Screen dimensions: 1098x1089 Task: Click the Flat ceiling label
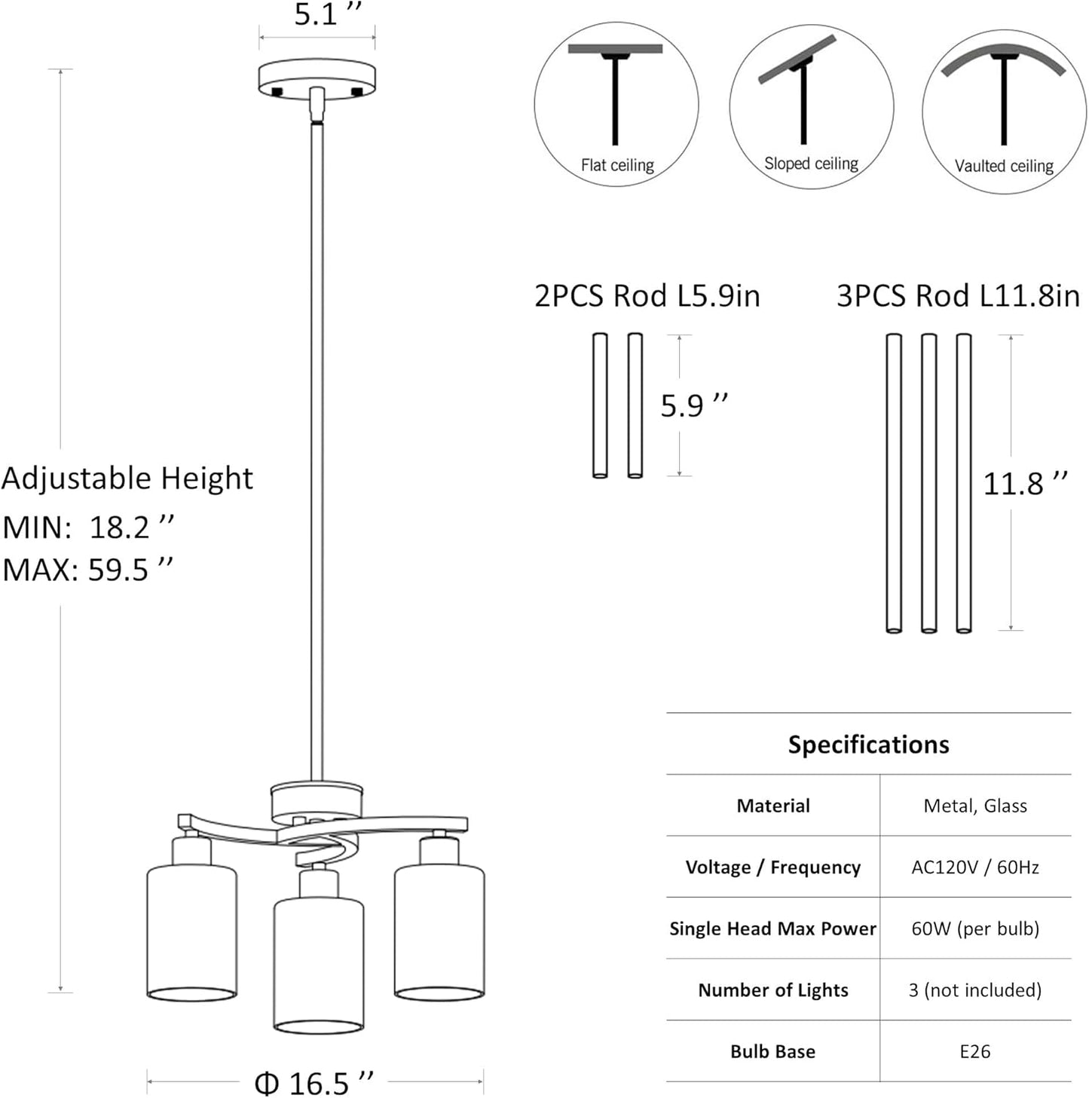point(616,165)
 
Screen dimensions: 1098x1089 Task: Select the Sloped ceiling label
point(811,164)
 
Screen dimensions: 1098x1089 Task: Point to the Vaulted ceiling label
point(1004,166)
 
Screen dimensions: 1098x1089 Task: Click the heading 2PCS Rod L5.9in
point(647,295)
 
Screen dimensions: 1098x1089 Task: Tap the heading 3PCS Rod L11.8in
point(958,295)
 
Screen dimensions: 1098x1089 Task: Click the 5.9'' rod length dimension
point(693,405)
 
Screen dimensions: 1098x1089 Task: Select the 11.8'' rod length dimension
point(1025,483)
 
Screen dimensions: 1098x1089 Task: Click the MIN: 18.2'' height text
point(89,527)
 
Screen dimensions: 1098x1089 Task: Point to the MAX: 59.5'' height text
point(87,569)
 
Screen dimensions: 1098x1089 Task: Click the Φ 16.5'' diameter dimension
point(314,1083)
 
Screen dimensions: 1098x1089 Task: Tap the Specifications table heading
point(868,745)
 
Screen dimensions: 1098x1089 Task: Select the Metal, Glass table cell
point(975,806)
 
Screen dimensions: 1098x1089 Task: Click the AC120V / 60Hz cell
point(975,867)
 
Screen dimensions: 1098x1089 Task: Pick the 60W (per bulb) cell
point(975,928)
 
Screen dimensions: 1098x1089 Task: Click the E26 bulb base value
point(975,1051)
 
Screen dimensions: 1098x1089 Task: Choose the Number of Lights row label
point(772,990)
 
